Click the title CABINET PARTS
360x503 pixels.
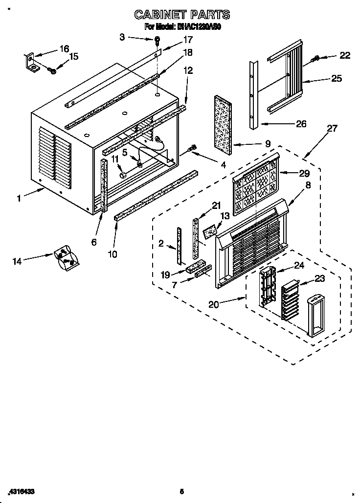coord(182,15)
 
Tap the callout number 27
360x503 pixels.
coord(332,129)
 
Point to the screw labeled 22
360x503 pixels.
coord(315,59)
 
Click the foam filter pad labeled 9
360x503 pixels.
coord(223,121)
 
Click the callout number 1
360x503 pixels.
coord(19,198)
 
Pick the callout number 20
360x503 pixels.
coord(213,304)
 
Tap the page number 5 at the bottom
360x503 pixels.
coord(181,491)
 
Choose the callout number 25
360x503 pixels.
coord(337,78)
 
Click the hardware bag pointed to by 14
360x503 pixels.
coord(66,258)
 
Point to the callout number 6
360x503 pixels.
coord(94,242)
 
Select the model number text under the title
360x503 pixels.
coord(182,27)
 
